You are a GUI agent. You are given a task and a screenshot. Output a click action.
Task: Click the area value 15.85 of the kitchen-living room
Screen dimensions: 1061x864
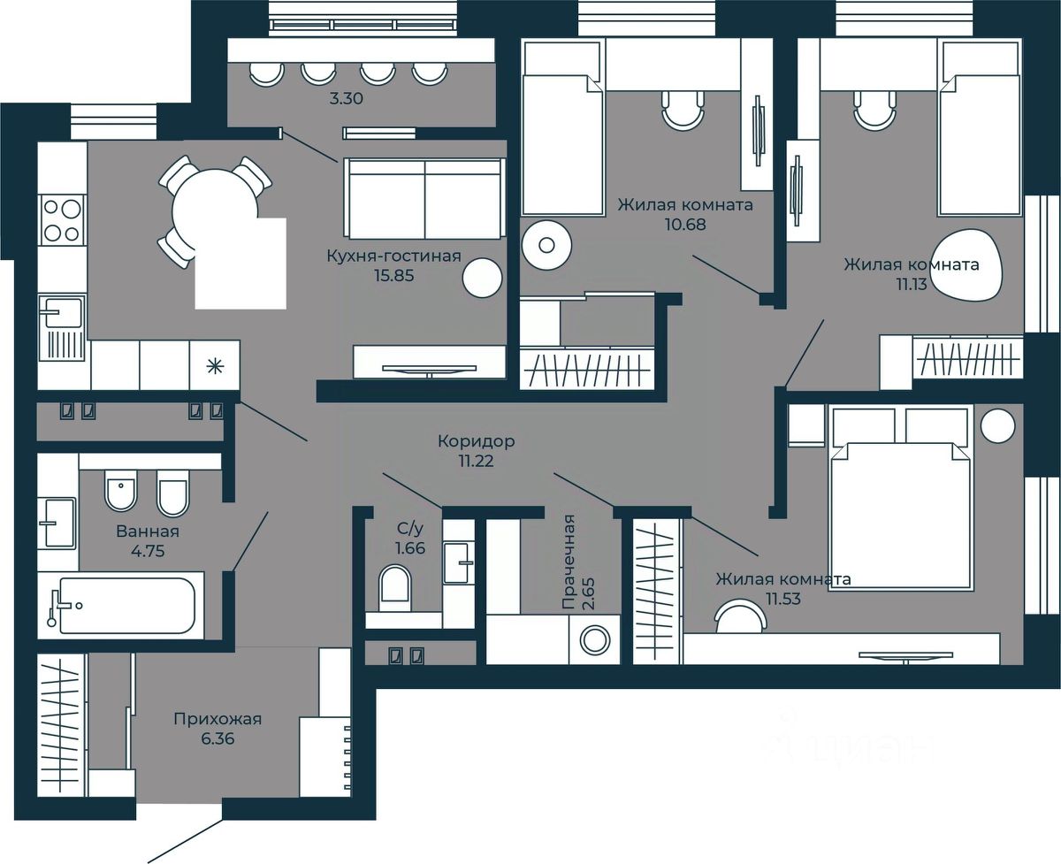[394, 276]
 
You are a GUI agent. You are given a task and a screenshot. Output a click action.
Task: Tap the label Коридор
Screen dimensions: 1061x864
[477, 441]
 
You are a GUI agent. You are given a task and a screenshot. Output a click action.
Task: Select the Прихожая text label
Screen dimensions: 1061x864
[218, 719]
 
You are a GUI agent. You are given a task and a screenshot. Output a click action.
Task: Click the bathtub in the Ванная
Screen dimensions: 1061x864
[127, 606]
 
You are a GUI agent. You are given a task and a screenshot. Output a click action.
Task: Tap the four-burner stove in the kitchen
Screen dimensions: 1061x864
[62, 219]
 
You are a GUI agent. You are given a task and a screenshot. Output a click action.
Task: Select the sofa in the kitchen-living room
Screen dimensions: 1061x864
[424, 199]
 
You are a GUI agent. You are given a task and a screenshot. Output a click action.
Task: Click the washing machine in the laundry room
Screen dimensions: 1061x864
[595, 639]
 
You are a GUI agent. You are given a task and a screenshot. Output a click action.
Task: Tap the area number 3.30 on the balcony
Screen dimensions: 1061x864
[347, 98]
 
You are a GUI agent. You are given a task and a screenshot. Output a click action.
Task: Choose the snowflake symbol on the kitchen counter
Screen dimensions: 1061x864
[215, 367]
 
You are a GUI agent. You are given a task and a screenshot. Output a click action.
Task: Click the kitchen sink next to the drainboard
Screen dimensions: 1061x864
[61, 312]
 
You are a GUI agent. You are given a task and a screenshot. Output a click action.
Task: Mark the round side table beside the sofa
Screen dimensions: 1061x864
[482, 278]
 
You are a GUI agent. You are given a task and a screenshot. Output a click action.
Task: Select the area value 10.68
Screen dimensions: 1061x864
[685, 225]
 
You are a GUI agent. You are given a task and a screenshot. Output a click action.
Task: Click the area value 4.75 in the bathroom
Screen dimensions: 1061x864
[148, 551]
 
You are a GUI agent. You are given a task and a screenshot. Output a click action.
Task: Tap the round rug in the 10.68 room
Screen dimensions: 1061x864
[546, 245]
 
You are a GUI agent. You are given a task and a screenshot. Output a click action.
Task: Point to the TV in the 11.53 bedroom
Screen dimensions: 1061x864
[905, 655]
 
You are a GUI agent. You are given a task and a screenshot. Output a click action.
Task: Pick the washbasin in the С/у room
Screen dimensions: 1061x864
[458, 563]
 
